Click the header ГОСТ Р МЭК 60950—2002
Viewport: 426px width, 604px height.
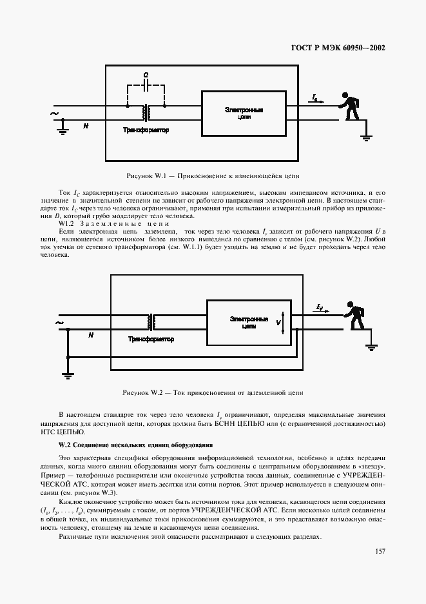click(x=334, y=48)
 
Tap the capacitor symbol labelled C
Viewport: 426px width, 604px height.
click(x=147, y=85)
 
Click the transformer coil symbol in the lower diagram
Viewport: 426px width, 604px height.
click(x=152, y=321)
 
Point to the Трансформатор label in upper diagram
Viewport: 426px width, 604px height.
click(x=146, y=130)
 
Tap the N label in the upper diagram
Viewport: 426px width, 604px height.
click(x=86, y=126)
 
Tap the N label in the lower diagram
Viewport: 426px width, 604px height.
click(x=90, y=335)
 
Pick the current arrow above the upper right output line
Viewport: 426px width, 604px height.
click(x=316, y=99)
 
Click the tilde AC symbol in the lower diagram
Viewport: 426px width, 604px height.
click(x=59, y=322)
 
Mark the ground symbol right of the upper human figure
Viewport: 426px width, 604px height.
click(x=365, y=134)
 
